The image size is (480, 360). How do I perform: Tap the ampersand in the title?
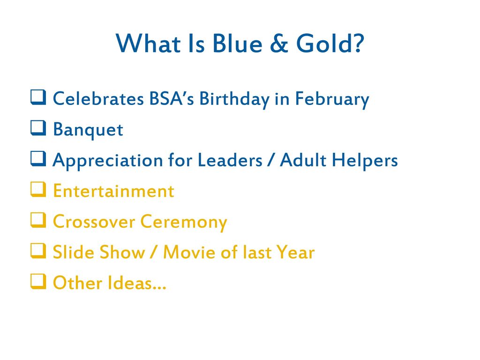[x=279, y=43]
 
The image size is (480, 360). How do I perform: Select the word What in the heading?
[x=148, y=43]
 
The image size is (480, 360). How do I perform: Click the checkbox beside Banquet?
[x=38, y=128]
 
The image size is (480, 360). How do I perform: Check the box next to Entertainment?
[x=38, y=189]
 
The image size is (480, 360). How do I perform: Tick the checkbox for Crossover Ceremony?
[x=38, y=220]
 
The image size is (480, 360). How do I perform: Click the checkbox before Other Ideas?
[x=38, y=282]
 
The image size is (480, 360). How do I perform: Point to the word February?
[x=332, y=99]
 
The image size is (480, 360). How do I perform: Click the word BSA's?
[x=172, y=98]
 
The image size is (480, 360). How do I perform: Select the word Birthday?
[x=234, y=99]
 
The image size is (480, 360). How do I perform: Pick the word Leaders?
[x=230, y=160]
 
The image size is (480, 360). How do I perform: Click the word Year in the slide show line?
[x=295, y=252]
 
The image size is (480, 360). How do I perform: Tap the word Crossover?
[x=94, y=222]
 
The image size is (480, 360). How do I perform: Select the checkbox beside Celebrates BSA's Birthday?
[x=38, y=97]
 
